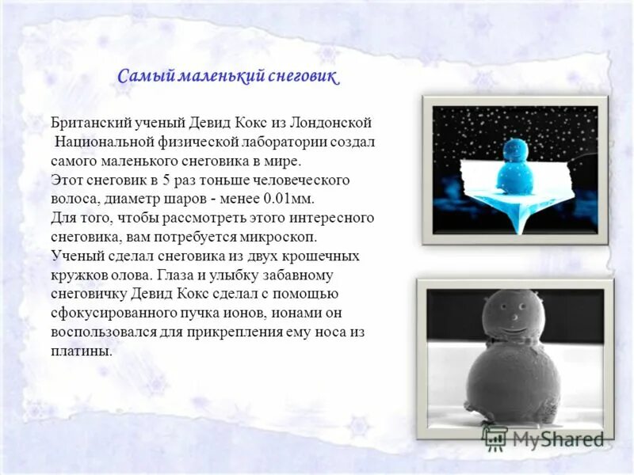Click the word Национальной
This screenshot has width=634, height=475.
(105, 142)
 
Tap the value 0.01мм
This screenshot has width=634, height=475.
(294, 199)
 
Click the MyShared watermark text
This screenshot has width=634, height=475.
(555, 438)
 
